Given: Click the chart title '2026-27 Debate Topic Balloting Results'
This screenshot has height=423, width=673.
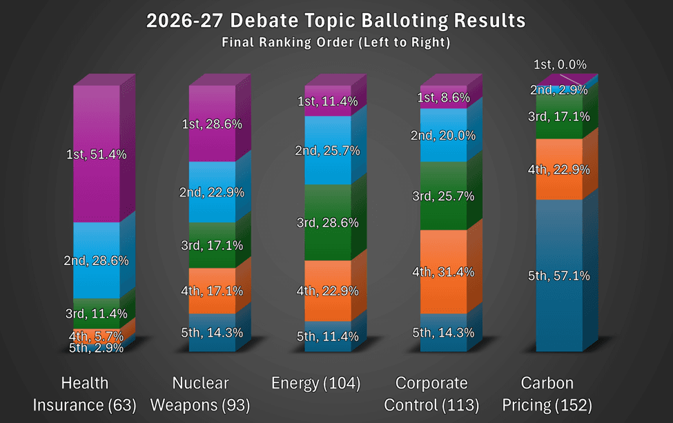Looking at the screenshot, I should (x=335, y=21).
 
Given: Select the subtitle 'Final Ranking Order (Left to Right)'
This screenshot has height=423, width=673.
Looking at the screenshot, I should (x=335, y=43).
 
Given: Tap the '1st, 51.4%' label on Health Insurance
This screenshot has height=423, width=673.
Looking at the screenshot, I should (x=97, y=155).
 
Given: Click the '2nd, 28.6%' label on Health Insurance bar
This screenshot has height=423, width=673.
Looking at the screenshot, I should (x=97, y=261).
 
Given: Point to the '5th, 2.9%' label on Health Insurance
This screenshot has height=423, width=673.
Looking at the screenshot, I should (x=96, y=348).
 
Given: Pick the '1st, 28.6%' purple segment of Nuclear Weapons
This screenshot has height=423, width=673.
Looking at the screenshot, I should (x=212, y=124).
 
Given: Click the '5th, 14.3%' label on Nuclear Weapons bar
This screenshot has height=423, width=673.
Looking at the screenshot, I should (x=212, y=333).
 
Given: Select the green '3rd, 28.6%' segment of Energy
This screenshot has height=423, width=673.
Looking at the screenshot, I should (x=328, y=222).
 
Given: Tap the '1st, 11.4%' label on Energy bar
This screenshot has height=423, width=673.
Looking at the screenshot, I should (x=328, y=102).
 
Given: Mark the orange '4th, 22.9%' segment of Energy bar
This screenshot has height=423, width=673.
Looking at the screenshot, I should (x=328, y=291).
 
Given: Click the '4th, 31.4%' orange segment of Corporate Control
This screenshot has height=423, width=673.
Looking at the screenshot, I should (x=443, y=272).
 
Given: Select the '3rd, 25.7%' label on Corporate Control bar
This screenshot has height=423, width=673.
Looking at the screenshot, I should (x=443, y=196).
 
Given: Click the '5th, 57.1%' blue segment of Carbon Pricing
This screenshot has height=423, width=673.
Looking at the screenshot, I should (x=559, y=276).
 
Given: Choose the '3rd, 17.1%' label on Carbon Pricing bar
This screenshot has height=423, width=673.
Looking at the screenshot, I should (x=559, y=117).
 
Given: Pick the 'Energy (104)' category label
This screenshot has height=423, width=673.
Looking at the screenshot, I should (x=315, y=384).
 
